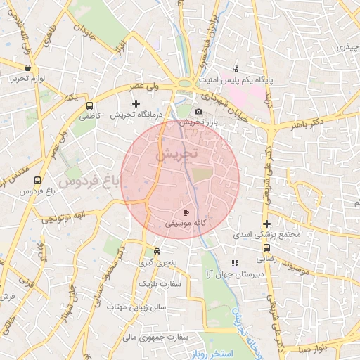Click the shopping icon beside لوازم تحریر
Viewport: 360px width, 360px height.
tap(27, 68)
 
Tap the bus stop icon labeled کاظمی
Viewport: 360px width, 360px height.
tap(89, 105)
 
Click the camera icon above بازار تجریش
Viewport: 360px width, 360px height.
tap(198, 112)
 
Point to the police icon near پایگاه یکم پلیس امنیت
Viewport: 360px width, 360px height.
tap(236, 70)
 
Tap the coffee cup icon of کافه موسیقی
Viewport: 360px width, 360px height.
tap(186, 212)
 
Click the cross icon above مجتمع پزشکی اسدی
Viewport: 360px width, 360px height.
tap(266, 224)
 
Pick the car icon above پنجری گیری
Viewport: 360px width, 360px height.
tap(157, 251)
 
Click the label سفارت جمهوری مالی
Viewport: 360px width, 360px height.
tap(156, 337)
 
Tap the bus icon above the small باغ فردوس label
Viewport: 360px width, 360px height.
tap(37, 180)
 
